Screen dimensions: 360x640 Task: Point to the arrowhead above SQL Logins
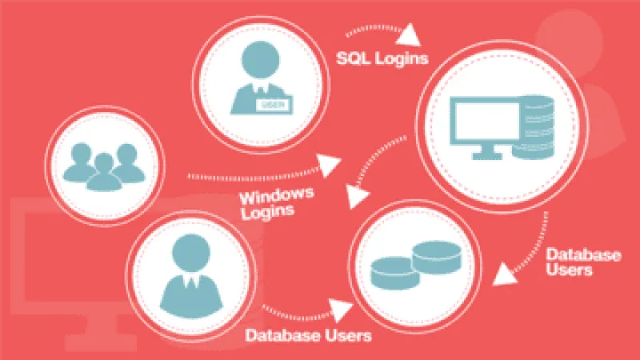click(x=411, y=32)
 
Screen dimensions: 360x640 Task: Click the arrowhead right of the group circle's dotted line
click(x=329, y=166)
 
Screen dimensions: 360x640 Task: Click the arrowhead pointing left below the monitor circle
click(x=503, y=275)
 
